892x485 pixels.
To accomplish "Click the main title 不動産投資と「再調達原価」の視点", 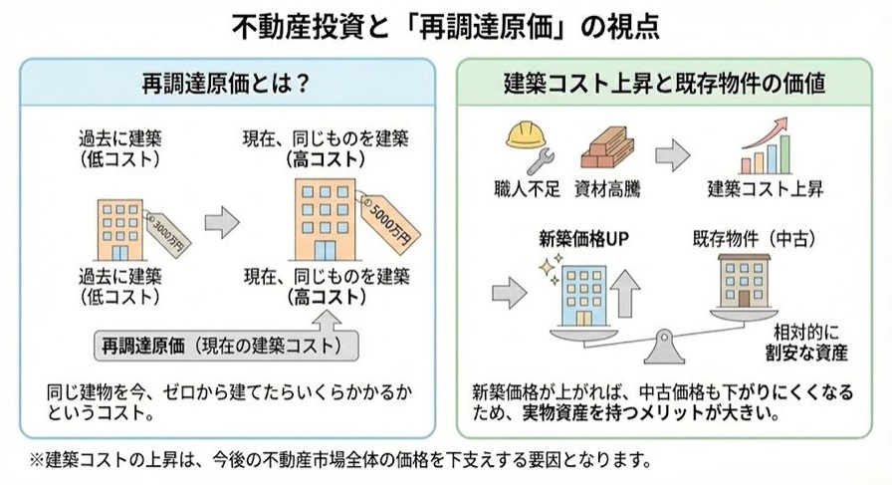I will [x=446, y=24].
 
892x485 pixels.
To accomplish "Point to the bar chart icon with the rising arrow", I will [x=764, y=147].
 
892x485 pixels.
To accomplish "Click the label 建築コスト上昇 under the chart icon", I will [x=766, y=186].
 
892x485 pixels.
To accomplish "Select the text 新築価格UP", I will [x=579, y=238].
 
